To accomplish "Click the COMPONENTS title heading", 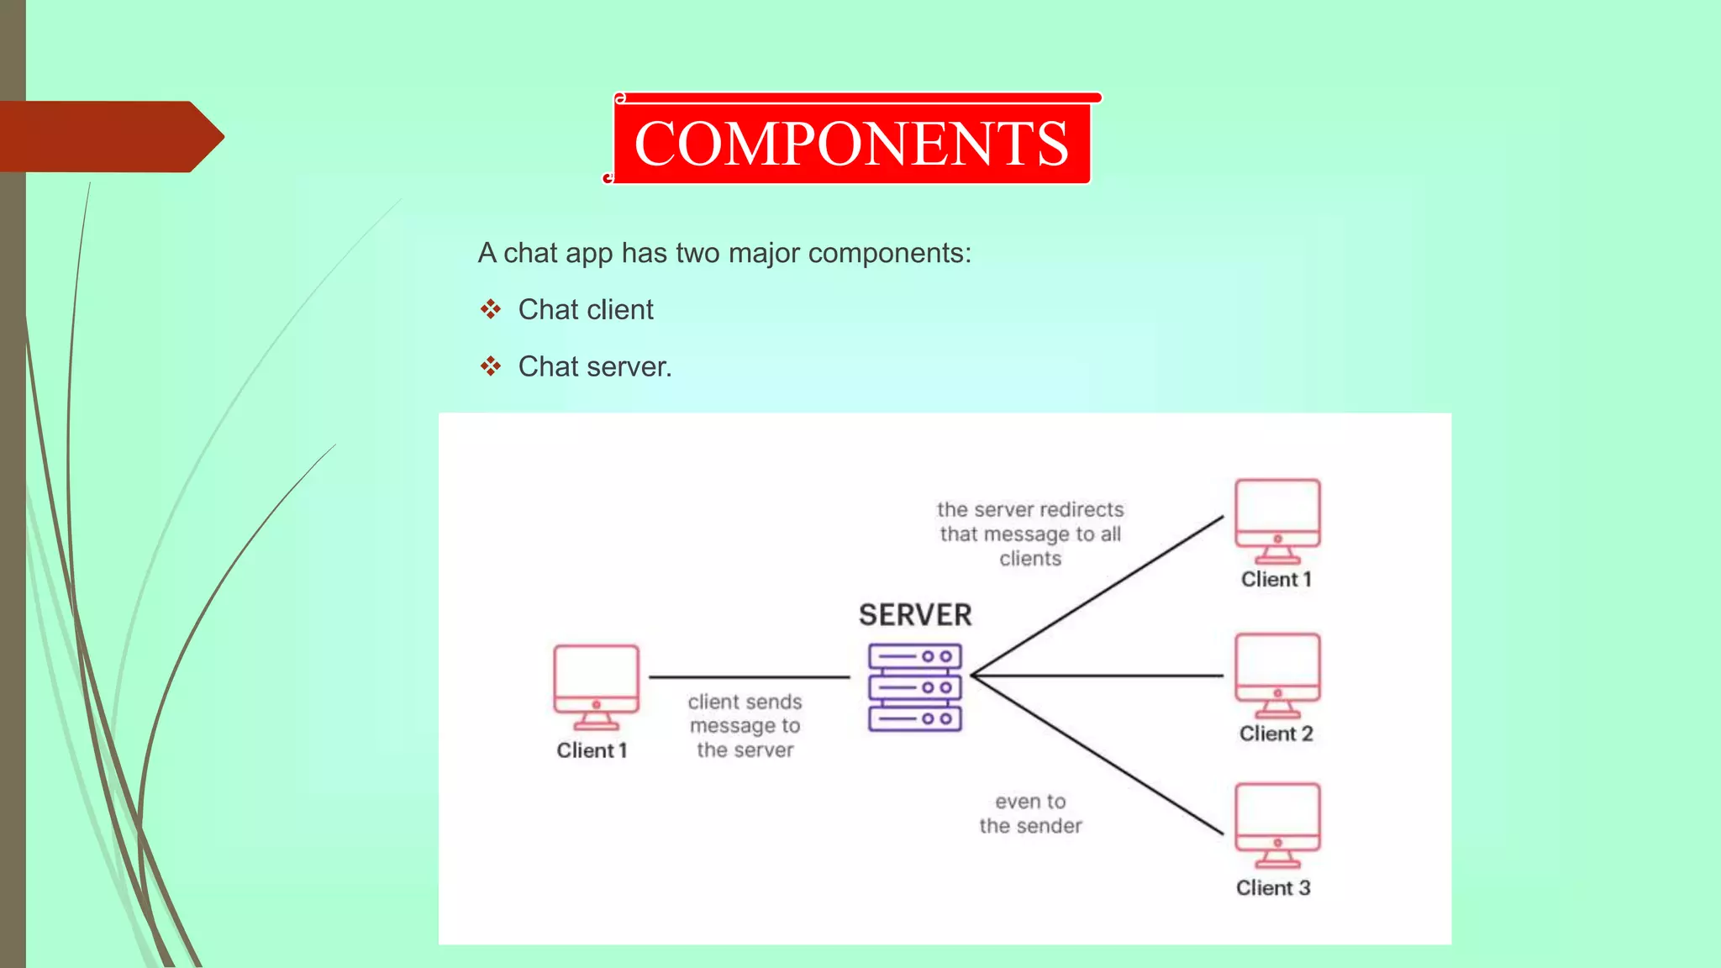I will pos(851,143).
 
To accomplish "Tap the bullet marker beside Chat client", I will pos(491,309).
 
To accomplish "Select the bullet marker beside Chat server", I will pos(491,366).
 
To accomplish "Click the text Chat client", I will pos(586,309).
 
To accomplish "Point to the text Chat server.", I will pos(595,366).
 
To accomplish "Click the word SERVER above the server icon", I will pos(915,615).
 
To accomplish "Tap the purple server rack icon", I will pos(915,687).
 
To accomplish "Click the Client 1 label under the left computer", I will pos(592,750).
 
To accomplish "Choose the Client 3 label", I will pos(1273,888).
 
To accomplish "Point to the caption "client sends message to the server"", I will pos(745,726).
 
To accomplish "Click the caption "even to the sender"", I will pos(1030,813).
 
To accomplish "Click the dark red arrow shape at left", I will pos(109,136).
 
